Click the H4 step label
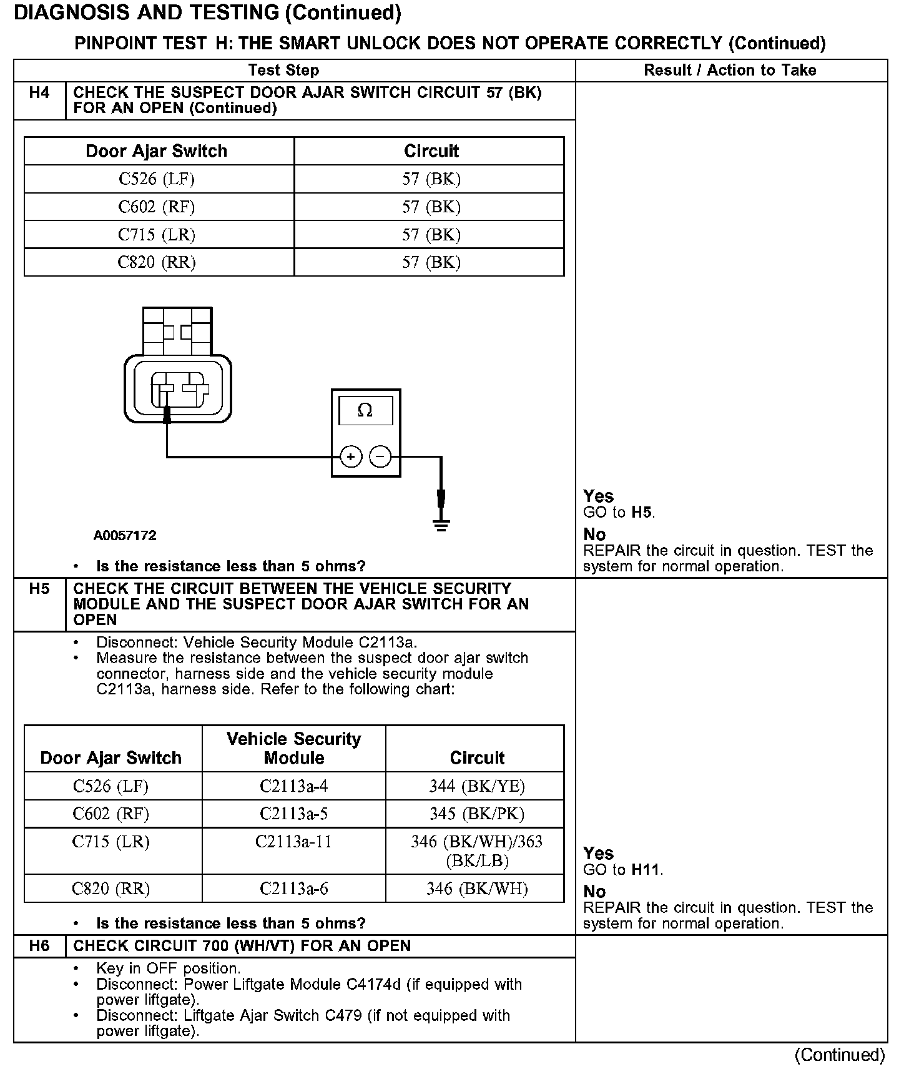click(39, 93)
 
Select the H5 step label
click(39, 589)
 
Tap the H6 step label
click(39, 946)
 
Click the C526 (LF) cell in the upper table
click(157, 179)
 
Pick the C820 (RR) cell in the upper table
click(157, 262)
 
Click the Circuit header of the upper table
click(431, 151)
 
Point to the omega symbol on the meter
click(365, 410)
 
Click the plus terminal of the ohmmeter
click(351, 457)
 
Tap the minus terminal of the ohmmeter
click(380, 457)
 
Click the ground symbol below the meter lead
click(441, 523)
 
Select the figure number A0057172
click(125, 536)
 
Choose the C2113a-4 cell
click(293, 786)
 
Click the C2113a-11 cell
click(293, 842)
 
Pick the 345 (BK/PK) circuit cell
click(476, 814)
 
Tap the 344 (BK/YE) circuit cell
click(476, 786)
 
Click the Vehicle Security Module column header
click(293, 748)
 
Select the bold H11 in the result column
click(646, 869)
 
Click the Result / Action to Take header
click(730, 71)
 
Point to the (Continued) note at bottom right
click(839, 1055)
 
